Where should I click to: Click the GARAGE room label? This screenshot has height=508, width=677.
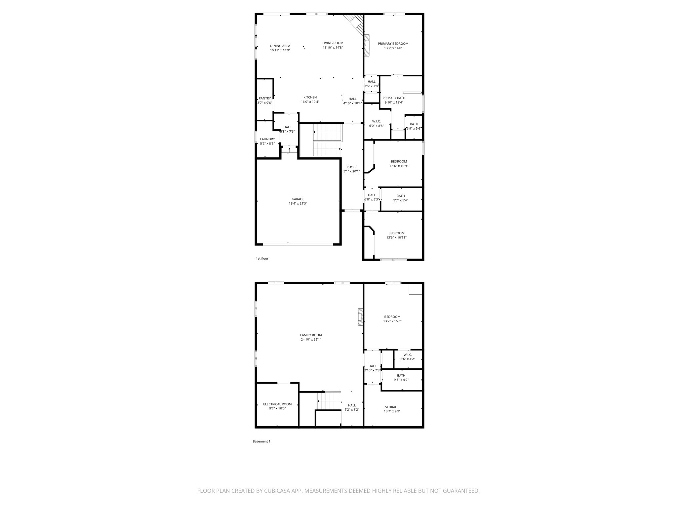298,199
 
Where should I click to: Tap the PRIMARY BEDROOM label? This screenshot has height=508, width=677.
393,44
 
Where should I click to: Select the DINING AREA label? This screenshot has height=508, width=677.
280,46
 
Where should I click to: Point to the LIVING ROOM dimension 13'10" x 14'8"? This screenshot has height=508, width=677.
333,48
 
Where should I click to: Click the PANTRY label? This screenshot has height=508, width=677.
264,98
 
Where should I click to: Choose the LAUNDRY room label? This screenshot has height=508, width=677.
267,139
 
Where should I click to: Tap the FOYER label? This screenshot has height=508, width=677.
351,167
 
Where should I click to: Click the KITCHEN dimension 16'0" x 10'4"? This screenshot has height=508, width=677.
310,102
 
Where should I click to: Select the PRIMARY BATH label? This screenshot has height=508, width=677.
394,98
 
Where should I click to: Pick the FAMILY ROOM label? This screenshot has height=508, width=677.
311,335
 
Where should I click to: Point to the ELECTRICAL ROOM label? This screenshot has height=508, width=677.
277,404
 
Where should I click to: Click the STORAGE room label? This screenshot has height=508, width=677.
392,407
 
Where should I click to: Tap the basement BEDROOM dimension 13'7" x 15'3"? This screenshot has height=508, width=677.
392,321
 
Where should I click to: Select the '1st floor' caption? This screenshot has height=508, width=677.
262,259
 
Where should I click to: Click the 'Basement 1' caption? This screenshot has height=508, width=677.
261,442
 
